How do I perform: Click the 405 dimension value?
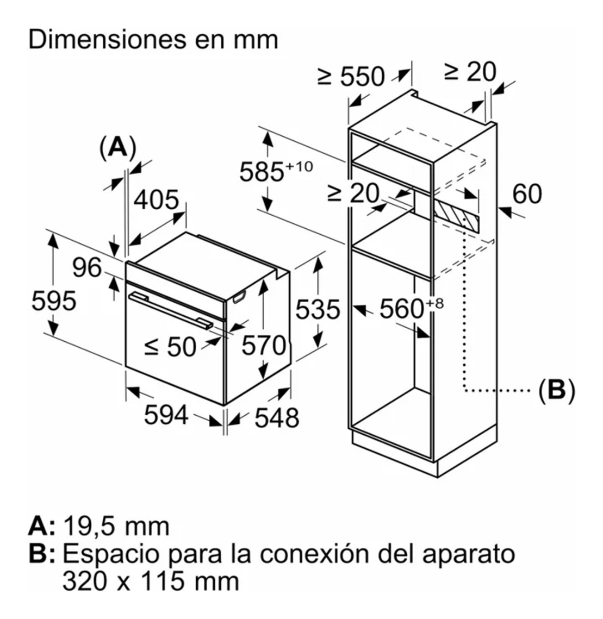pyautogui.click(x=156, y=200)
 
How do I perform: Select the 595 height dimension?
pyautogui.click(x=53, y=300)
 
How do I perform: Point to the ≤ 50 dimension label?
pyautogui.click(x=171, y=346)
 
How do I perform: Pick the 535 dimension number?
pyautogui.click(x=318, y=310)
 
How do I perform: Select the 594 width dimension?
pyautogui.click(x=166, y=416)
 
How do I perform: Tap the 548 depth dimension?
pyautogui.click(x=276, y=417)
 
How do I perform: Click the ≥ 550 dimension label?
pyautogui.click(x=351, y=77)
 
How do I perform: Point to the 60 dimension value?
pyautogui.click(x=527, y=193)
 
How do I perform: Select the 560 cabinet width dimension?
pyautogui.click(x=407, y=309)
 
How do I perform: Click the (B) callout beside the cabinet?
pyautogui.click(x=556, y=390)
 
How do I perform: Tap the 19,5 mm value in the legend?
pyautogui.click(x=116, y=526)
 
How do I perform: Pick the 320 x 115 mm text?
pyautogui.click(x=151, y=581)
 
